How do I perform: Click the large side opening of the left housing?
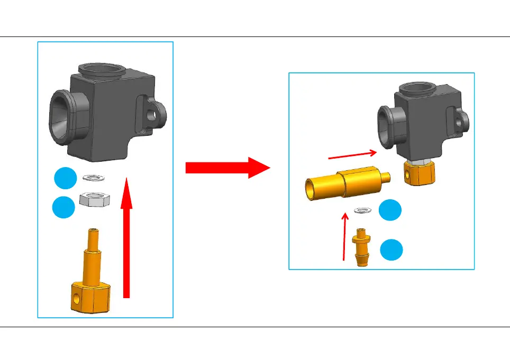pos(62,117)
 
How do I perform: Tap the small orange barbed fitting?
pos(362,247)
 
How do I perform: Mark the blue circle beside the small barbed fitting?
pos(393,249)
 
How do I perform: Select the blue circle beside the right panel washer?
pos(393,210)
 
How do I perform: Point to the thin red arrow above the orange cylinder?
pos(352,154)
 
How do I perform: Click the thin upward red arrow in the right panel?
pos(345,235)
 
